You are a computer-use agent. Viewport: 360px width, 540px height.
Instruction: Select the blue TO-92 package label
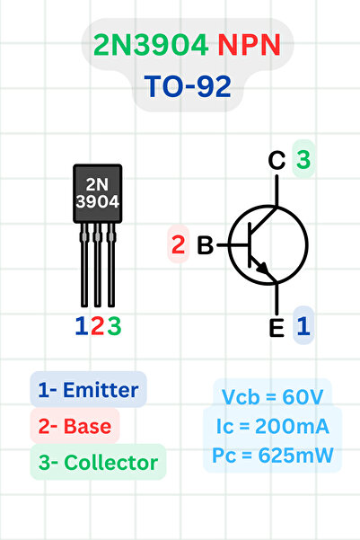(x=188, y=86)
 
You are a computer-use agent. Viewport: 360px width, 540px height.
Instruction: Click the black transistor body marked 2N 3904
(x=97, y=193)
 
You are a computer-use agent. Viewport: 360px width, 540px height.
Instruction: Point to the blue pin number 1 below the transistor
(x=81, y=325)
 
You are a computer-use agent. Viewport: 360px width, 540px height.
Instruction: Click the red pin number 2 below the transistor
(x=97, y=325)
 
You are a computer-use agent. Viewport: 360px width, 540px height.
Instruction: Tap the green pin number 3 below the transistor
(x=114, y=325)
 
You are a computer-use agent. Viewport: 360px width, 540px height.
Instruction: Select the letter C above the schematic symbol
(x=277, y=161)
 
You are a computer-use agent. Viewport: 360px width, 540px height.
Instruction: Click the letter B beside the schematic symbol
(x=205, y=244)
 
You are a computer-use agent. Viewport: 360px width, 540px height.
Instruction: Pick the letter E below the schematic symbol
(x=277, y=327)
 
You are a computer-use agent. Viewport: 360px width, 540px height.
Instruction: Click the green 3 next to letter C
(x=303, y=160)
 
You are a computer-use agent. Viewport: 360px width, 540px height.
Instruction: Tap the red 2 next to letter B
(x=178, y=244)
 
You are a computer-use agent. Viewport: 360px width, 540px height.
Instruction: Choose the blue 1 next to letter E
(x=303, y=326)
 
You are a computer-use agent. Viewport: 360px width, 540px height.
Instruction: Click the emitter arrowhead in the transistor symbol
(x=261, y=267)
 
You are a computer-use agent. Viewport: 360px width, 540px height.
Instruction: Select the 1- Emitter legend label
(x=88, y=390)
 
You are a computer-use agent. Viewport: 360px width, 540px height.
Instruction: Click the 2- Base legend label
(x=75, y=427)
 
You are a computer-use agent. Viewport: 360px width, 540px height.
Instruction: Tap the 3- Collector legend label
(x=98, y=464)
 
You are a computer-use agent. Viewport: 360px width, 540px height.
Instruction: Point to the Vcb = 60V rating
(x=273, y=396)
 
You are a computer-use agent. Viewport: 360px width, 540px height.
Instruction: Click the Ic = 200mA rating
(x=273, y=426)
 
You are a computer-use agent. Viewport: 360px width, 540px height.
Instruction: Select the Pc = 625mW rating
(x=273, y=456)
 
